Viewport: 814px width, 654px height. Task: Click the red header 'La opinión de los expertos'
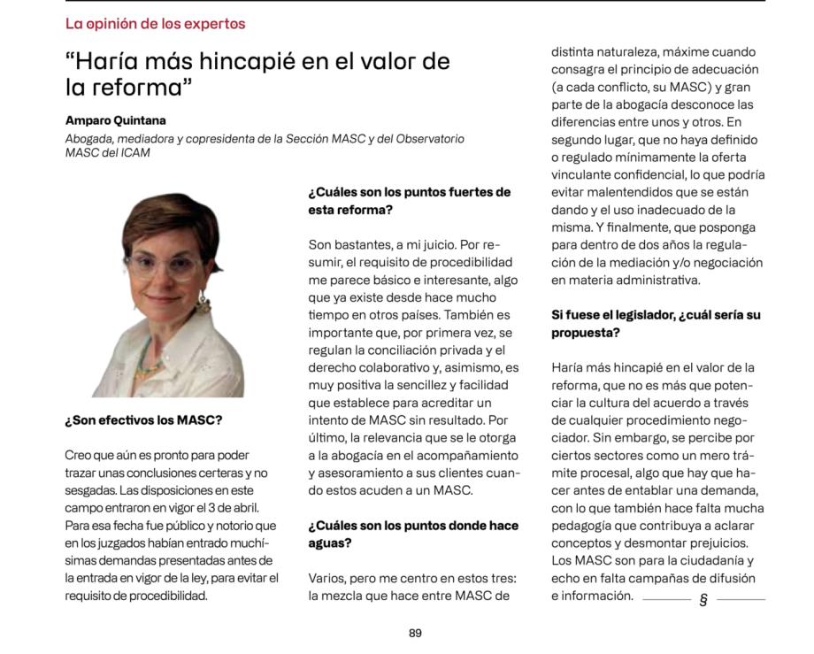(x=155, y=24)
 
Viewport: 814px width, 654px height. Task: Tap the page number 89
(x=415, y=633)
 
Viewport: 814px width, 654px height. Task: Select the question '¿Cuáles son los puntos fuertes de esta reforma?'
(x=409, y=201)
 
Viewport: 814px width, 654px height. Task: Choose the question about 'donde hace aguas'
(x=413, y=535)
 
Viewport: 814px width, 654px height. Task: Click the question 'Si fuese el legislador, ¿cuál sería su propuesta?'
(x=656, y=323)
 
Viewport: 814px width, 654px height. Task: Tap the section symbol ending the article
(x=703, y=599)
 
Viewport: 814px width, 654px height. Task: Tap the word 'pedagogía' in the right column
(x=583, y=526)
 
